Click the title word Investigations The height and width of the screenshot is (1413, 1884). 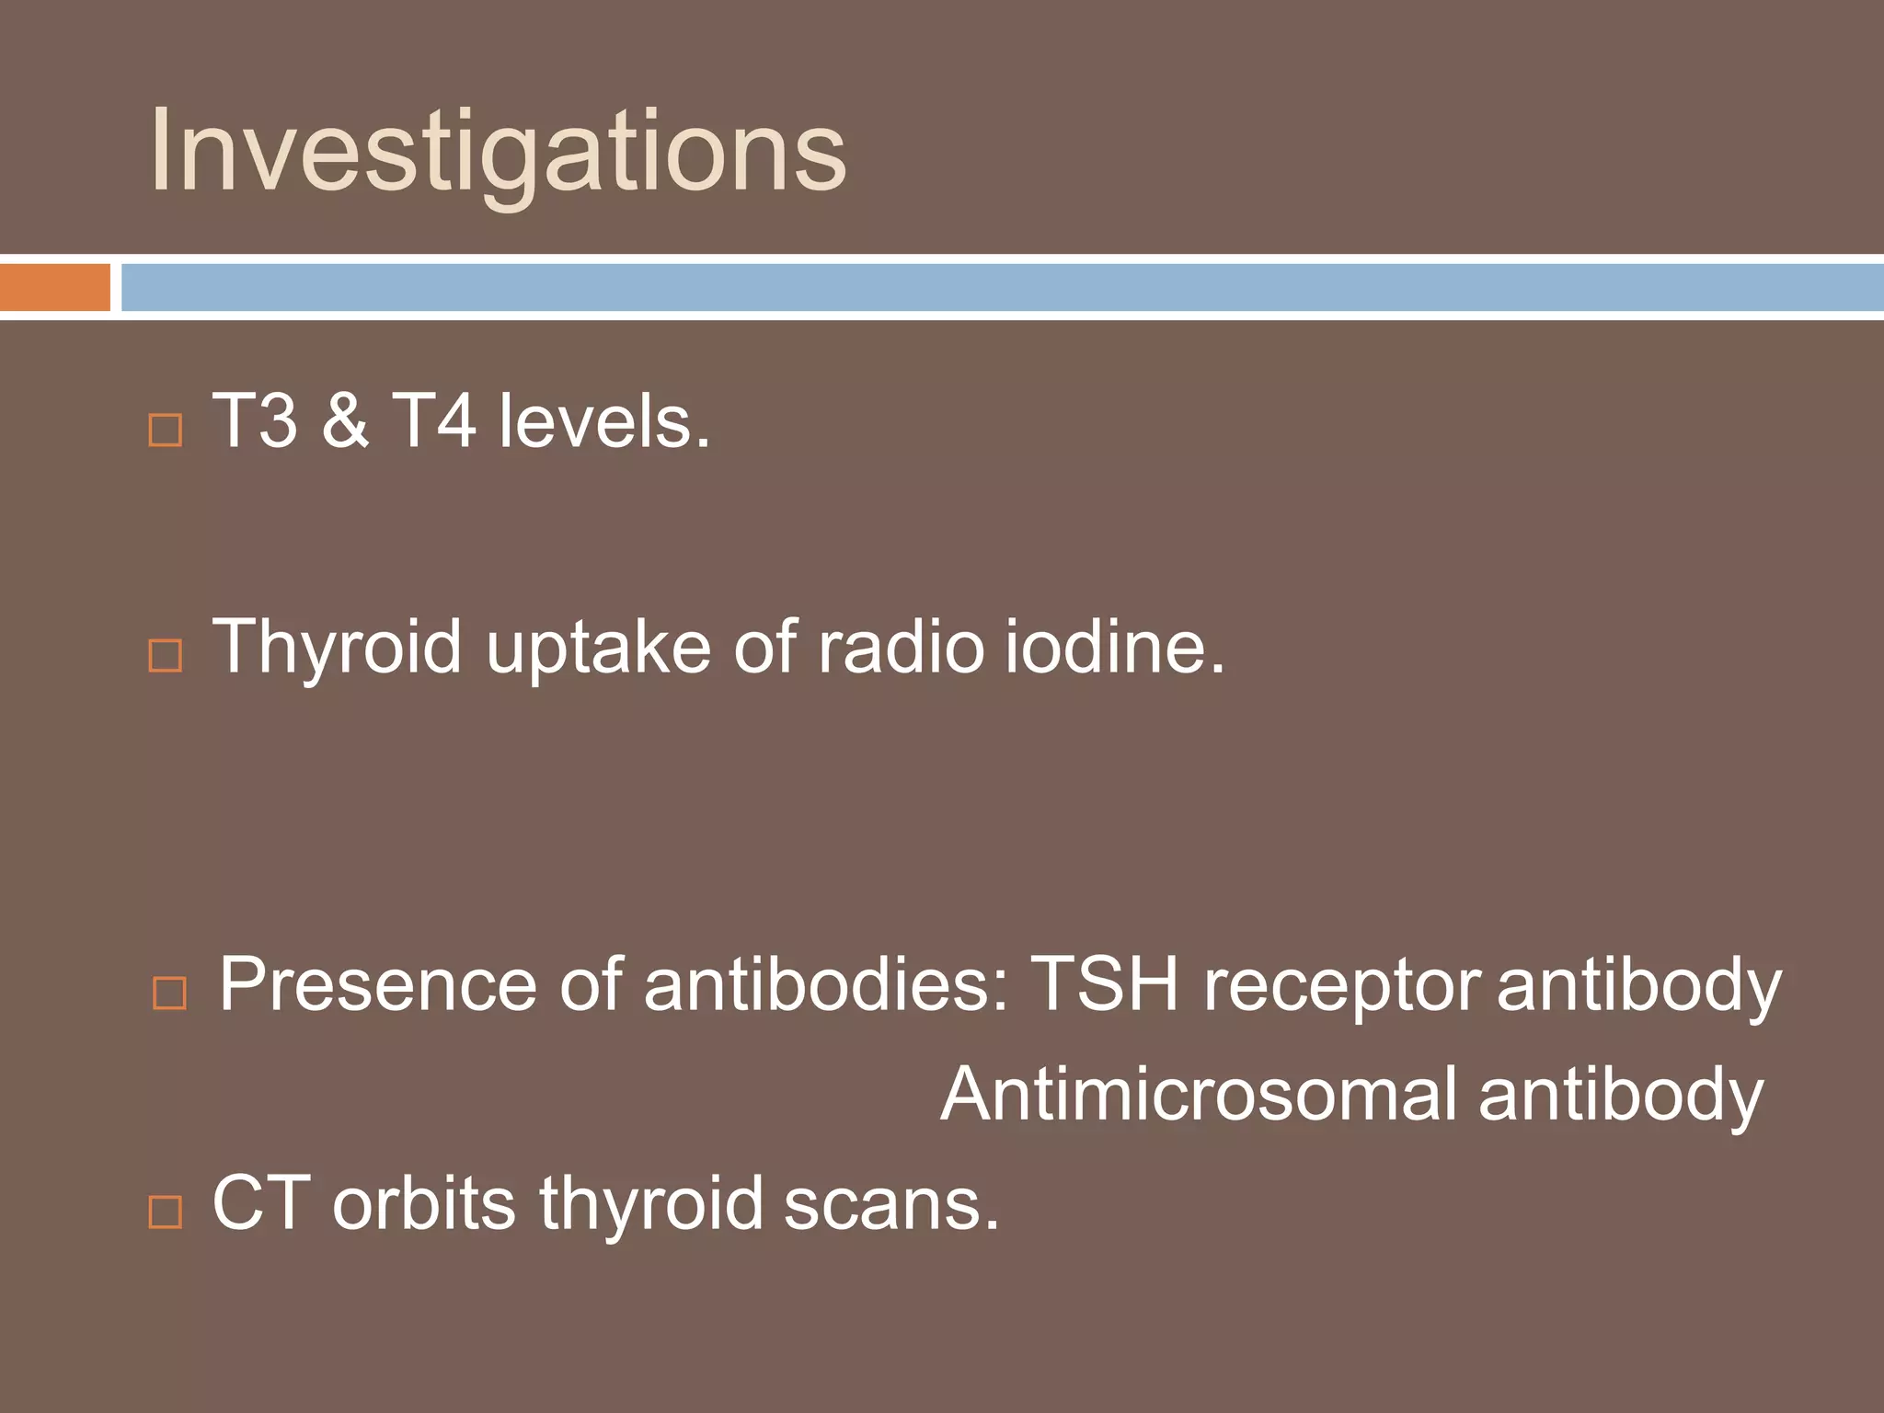click(497, 152)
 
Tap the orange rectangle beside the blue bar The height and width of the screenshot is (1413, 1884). click(54, 287)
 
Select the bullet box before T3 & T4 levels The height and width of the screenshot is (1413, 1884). click(166, 430)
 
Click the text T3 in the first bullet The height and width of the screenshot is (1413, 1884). click(255, 421)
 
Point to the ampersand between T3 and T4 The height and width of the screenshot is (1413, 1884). click(345, 421)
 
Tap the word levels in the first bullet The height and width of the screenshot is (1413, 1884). click(603, 421)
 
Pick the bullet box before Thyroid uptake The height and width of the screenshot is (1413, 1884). click(166, 655)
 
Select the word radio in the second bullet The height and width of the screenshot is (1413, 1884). click(901, 647)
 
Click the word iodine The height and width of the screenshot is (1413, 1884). click(1114, 647)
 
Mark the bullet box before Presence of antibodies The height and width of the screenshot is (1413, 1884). click(169, 993)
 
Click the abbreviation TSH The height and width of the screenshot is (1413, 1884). click(1104, 984)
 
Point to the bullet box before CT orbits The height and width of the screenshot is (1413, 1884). click(166, 1212)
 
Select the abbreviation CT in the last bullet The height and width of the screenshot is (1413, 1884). click(260, 1203)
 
